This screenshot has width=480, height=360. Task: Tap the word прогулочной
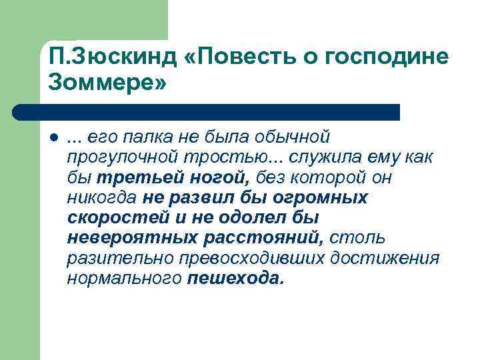tap(114, 158)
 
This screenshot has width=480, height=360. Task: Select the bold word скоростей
tap(110, 218)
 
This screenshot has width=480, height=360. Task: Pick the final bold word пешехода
tap(235, 278)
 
